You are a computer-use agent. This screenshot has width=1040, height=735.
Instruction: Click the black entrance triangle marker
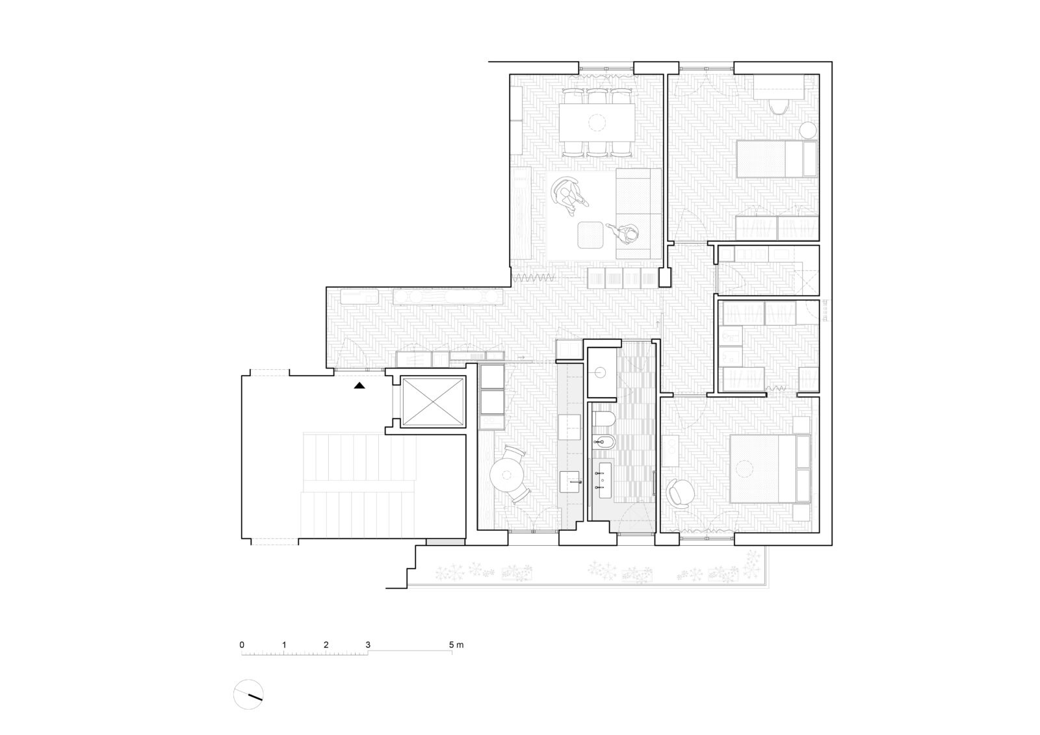click(x=359, y=385)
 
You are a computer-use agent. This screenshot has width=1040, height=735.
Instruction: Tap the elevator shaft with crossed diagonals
click(x=433, y=402)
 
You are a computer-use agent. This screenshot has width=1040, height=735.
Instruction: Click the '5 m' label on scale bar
click(x=456, y=645)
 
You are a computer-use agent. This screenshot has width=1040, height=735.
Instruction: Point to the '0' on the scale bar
click(x=242, y=645)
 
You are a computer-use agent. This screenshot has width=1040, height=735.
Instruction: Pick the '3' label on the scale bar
click(x=368, y=645)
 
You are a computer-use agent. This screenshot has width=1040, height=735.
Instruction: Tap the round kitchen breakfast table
click(x=507, y=474)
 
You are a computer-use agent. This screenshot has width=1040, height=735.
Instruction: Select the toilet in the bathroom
click(x=604, y=419)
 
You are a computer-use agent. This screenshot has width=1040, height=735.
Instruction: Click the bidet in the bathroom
click(x=604, y=443)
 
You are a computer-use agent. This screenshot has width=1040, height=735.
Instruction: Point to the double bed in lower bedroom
click(x=771, y=468)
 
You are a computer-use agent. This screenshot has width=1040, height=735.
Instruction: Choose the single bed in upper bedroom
click(x=777, y=159)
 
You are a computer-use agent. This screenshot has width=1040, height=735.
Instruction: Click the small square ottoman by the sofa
click(x=591, y=235)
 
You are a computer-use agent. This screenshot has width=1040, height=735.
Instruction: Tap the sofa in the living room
click(x=638, y=214)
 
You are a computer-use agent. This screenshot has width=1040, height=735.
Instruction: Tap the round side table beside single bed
click(x=808, y=131)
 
